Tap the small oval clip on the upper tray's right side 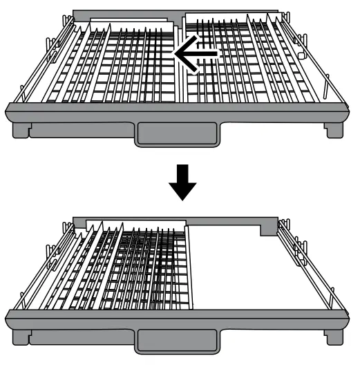301,53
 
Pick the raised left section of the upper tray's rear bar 124,14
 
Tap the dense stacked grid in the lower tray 145,270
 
